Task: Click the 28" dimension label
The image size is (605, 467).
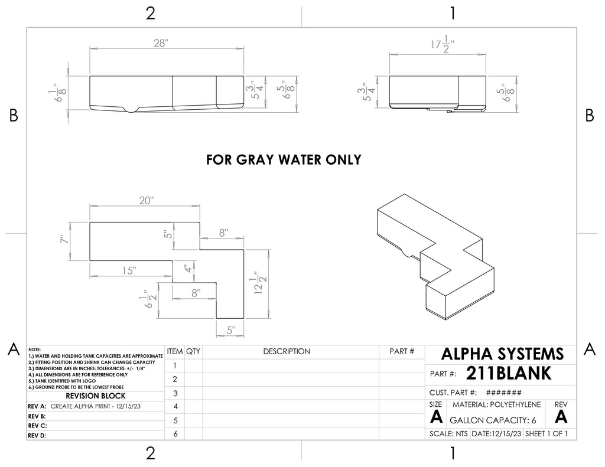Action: point(160,43)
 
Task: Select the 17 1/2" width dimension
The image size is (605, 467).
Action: point(442,44)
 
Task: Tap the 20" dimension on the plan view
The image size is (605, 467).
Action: point(147,201)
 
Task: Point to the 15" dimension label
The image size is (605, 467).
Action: point(129,270)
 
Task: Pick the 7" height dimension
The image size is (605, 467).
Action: point(64,240)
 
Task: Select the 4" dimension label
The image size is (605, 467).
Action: point(188,269)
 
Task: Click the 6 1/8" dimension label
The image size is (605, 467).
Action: point(58,92)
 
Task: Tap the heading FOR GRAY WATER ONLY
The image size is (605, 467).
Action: point(284,159)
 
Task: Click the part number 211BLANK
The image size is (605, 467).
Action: point(509,373)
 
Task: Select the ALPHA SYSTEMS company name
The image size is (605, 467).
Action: point(502,354)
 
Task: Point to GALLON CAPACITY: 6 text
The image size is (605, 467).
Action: point(493,420)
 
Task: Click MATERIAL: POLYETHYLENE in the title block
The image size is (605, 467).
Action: point(496,404)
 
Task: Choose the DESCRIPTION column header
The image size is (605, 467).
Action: point(287,351)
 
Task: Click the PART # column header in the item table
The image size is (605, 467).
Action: point(402,351)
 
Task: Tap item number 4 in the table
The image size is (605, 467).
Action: point(175,406)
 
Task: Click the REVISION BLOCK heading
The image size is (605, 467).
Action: point(95,396)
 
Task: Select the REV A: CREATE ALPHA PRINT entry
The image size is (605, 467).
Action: point(84,406)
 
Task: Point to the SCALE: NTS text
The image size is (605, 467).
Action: point(448,434)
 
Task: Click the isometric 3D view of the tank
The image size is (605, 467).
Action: point(435,257)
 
